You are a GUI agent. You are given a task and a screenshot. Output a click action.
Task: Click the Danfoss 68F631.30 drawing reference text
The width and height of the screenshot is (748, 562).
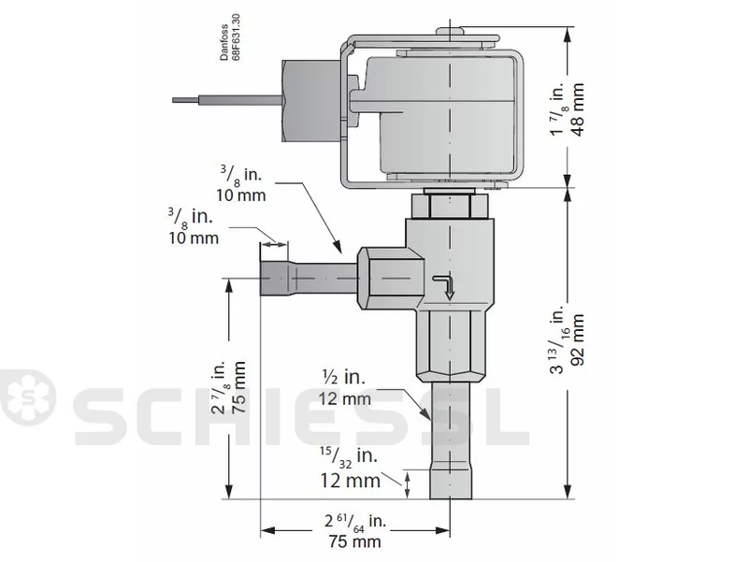pyautogui.click(x=230, y=37)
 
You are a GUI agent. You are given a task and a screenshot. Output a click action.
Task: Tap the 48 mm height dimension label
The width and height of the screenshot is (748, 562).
pyautogui.click(x=577, y=109)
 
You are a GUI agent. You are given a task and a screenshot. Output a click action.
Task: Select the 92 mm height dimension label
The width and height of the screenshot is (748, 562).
pyautogui.click(x=577, y=339)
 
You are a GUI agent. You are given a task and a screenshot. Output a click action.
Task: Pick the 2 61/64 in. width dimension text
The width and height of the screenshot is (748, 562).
pyautogui.click(x=355, y=521)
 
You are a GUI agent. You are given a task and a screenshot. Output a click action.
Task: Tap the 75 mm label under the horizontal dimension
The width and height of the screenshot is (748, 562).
pyautogui.click(x=355, y=541)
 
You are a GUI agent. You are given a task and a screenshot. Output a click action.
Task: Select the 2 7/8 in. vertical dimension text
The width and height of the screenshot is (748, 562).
pyautogui.click(x=221, y=387)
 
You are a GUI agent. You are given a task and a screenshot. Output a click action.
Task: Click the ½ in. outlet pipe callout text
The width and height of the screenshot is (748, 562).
pyautogui.click(x=341, y=378)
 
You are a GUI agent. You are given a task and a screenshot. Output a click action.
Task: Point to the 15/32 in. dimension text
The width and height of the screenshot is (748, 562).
pyautogui.click(x=349, y=457)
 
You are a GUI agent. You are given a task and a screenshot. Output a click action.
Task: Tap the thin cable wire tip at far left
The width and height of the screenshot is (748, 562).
pyautogui.click(x=175, y=100)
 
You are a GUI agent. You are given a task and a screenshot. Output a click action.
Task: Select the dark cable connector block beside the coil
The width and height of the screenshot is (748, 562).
pyautogui.click(x=312, y=101)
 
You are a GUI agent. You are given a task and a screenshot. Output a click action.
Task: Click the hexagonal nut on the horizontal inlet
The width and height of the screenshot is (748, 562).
pyautogui.click(x=390, y=279)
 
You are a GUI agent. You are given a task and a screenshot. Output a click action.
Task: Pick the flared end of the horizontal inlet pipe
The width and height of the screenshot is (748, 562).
pyautogui.click(x=274, y=279)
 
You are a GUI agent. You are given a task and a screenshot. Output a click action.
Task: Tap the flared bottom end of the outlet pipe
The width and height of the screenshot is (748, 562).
pyautogui.click(x=451, y=484)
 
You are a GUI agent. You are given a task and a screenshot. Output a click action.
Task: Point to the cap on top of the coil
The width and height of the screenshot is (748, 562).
pyautogui.click(x=450, y=31)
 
